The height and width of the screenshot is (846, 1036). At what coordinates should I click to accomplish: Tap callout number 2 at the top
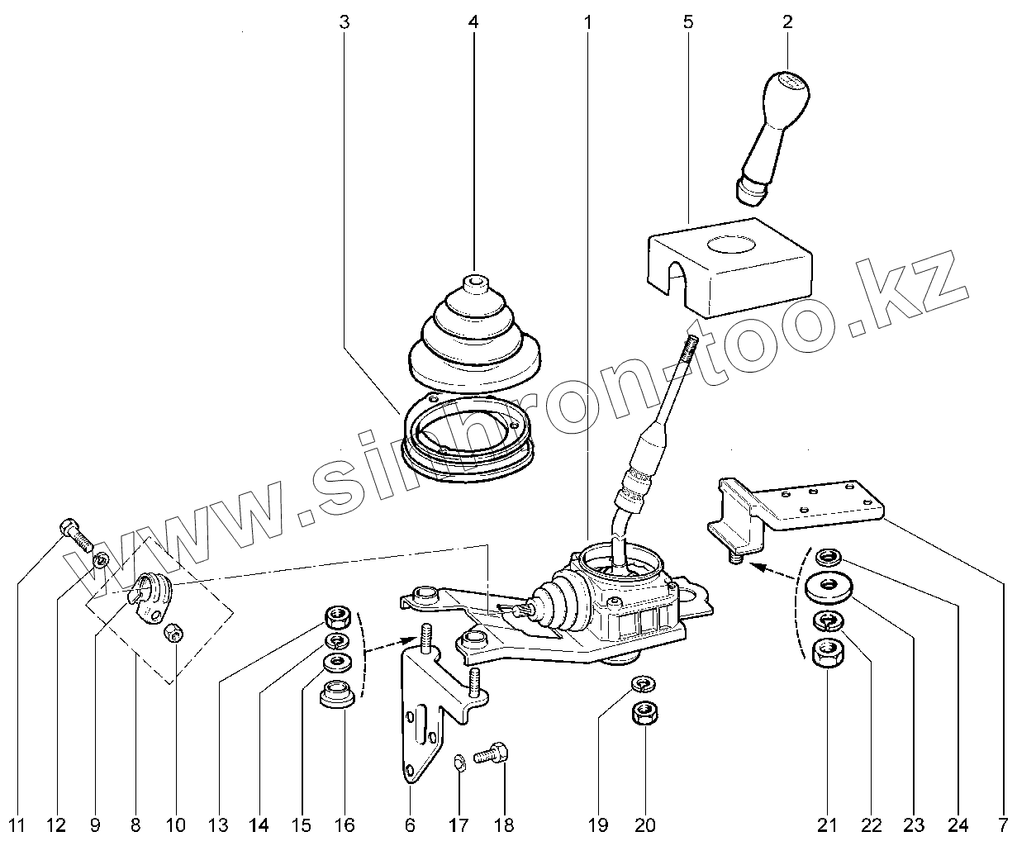coord(787,22)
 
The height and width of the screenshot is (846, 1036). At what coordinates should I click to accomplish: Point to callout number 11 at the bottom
coord(18,825)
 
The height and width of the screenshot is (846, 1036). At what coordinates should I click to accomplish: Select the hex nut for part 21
coord(827,654)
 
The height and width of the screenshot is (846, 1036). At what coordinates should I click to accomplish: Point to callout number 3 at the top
coord(345,22)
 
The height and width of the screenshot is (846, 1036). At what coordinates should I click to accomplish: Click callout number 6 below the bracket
coord(410,825)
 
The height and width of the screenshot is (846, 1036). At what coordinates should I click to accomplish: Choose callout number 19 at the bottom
coord(598,825)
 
